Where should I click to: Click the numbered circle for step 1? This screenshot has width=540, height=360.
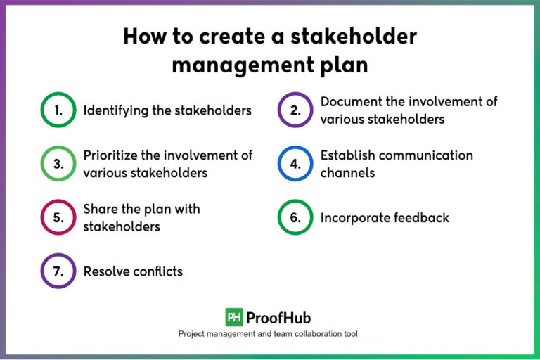pos(58,110)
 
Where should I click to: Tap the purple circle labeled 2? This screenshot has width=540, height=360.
pos(295,110)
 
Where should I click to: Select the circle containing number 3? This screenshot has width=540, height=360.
pos(58,164)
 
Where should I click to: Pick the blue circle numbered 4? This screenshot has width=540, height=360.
pos(295,164)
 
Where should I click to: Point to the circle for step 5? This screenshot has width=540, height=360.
pos(58,217)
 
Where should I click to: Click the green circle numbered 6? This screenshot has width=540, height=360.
pos(295,217)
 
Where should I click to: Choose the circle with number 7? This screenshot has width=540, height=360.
pos(58,271)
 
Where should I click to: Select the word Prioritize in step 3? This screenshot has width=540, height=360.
pos(112,155)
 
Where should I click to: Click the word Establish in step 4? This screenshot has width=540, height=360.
pos(347,155)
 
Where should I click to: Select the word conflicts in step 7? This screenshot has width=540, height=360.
pos(159,271)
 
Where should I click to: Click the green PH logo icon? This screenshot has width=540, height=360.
pos(234,317)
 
